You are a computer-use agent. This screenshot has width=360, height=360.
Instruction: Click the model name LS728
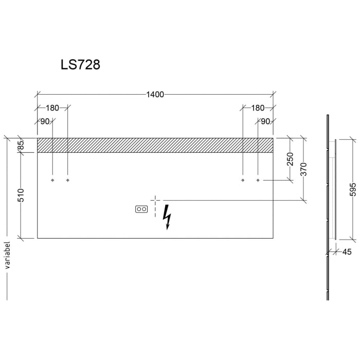[80, 65]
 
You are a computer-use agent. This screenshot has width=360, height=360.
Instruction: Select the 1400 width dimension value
[155, 94]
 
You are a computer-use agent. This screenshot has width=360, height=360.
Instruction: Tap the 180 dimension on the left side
[52, 108]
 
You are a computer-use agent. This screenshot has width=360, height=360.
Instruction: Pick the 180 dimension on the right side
[258, 108]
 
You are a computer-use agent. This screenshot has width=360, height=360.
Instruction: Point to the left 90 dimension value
[45, 121]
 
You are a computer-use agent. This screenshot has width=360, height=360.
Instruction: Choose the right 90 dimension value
[265, 121]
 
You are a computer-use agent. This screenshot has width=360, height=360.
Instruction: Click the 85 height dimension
[21, 146]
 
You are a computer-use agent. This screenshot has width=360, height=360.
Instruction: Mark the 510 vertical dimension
[21, 195]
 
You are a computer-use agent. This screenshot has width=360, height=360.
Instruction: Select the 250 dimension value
[290, 159]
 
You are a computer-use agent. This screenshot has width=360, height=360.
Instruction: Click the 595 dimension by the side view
[352, 189]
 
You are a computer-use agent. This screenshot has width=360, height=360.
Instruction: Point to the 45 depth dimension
[347, 251]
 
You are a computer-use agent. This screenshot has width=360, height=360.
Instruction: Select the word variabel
[7, 256]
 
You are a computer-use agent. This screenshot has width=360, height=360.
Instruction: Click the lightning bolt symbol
[166, 217]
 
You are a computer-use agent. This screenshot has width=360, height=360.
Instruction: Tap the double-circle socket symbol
[141, 209]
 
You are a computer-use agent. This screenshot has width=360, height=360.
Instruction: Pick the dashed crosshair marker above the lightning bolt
[155, 200]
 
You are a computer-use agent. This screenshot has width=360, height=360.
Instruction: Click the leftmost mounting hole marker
[52, 181]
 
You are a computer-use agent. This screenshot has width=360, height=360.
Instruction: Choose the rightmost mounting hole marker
[258, 181]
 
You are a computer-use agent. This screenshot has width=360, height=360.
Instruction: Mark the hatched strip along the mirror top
[155, 145]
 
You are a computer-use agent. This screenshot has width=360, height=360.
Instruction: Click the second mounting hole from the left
[67, 181]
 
